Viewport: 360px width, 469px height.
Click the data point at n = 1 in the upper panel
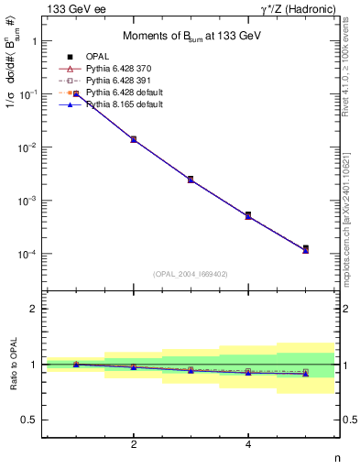pos(76,93)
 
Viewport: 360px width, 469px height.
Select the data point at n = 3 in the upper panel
pos(191,180)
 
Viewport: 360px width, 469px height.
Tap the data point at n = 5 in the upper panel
pos(305,248)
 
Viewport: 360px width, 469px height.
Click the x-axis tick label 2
pos(134,444)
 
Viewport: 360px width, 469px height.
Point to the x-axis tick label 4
pos(248,444)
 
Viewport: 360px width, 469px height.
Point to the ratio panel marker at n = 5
pos(305,373)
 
